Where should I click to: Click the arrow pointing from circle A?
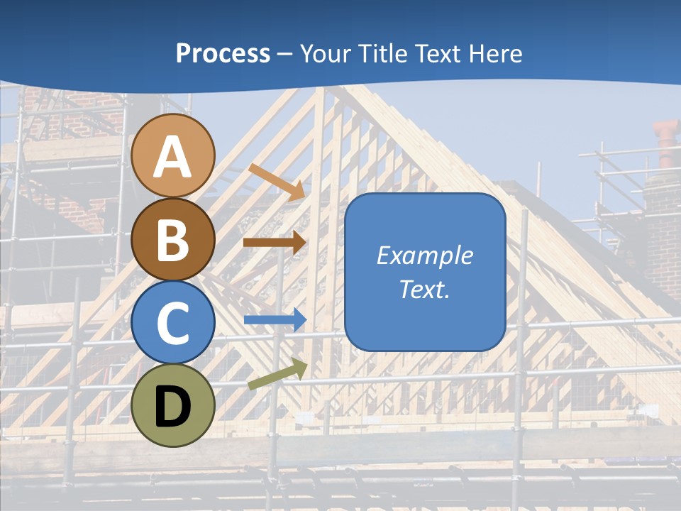point(277,181)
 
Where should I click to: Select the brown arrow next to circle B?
point(275,242)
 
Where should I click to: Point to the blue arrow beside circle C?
point(275,320)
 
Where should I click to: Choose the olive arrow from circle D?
point(277,374)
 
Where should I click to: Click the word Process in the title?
point(223,53)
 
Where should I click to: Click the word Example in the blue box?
point(424,255)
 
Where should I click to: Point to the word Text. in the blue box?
point(424,289)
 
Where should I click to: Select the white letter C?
point(173,324)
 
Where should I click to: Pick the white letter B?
point(173,241)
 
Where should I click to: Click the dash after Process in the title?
point(285,55)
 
